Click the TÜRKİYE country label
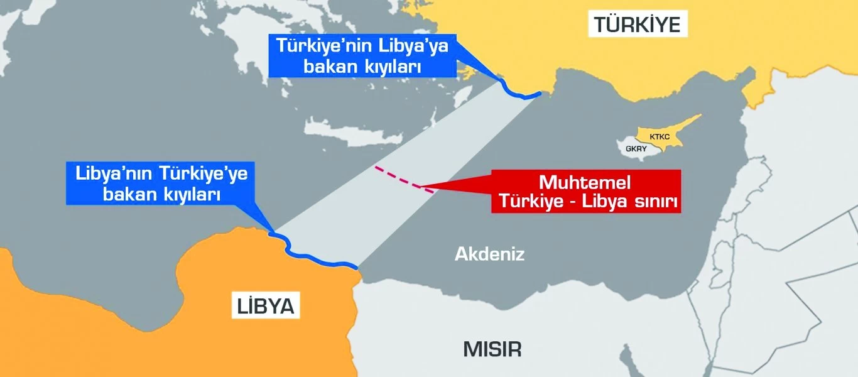tap(637, 25)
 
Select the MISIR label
tap(492, 349)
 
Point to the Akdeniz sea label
tap(489, 254)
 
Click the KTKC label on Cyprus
tap(660, 136)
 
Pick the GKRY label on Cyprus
tap(635, 150)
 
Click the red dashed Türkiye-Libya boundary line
tap(403, 178)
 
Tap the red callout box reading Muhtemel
tap(585, 191)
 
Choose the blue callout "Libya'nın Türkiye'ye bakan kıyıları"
tap(160, 184)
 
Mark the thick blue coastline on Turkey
tap(519, 93)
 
